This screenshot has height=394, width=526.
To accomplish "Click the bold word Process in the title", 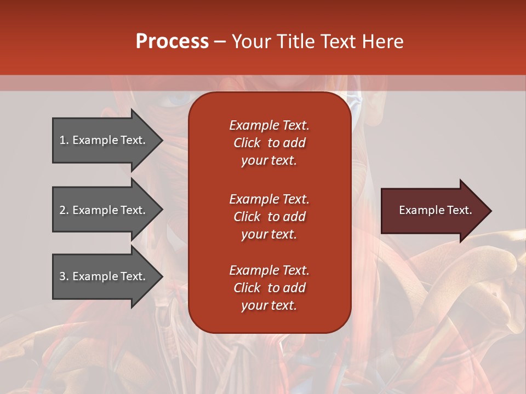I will pyautogui.click(x=172, y=42).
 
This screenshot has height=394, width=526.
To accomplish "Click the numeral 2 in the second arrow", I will pyautogui.click(x=62, y=210).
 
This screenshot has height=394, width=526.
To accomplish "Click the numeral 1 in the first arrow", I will pyautogui.click(x=62, y=140).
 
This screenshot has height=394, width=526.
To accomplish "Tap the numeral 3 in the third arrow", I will pyautogui.click(x=62, y=276).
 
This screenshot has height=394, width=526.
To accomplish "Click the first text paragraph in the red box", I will pyautogui.click(x=269, y=143).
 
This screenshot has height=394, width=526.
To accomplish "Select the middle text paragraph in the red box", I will pyautogui.click(x=269, y=217).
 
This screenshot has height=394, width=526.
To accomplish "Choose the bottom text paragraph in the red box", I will pyautogui.click(x=269, y=288).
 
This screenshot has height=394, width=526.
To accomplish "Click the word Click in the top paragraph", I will pyautogui.click(x=247, y=143).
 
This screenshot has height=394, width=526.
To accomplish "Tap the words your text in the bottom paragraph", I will pyautogui.click(x=269, y=306).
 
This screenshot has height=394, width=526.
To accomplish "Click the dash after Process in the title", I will pyautogui.click(x=220, y=42).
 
